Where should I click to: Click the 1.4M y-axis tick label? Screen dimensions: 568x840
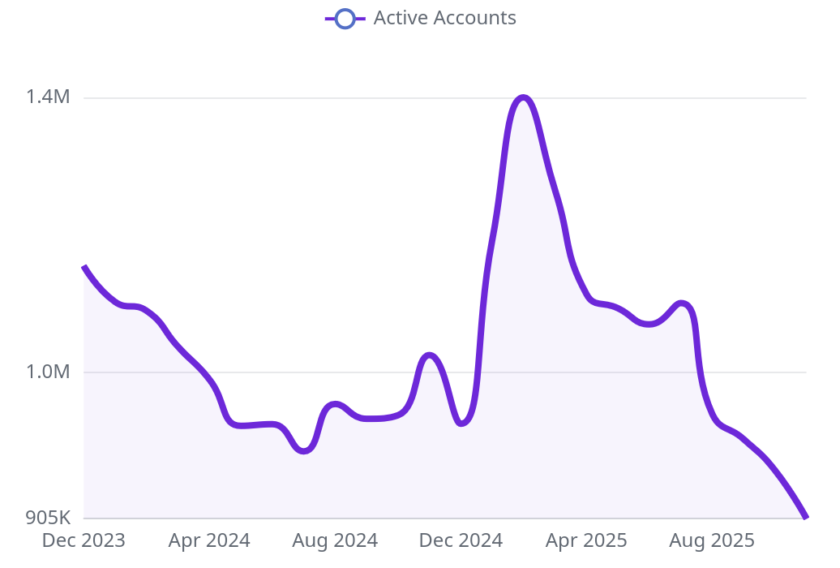click(48, 97)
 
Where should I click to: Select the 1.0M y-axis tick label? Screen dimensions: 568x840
click(48, 372)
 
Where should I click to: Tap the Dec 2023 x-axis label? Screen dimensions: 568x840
click(84, 540)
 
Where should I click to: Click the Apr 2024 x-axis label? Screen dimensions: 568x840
click(209, 540)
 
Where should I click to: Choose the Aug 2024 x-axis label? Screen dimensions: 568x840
click(335, 540)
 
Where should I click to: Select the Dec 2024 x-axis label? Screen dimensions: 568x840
click(461, 540)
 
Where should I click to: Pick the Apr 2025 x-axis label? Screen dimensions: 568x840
click(586, 540)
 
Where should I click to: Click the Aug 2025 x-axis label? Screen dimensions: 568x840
click(712, 540)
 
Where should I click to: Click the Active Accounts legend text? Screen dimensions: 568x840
click(444, 18)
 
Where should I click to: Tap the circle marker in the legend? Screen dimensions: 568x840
click(345, 18)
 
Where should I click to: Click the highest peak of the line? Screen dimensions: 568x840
click(524, 98)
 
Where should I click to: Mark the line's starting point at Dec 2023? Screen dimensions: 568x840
click(84, 267)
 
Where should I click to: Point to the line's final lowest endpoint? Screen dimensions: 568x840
click(806, 517)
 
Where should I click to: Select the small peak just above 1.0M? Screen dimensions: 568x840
click(429, 355)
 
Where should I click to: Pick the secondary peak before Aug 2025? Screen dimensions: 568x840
click(683, 303)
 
